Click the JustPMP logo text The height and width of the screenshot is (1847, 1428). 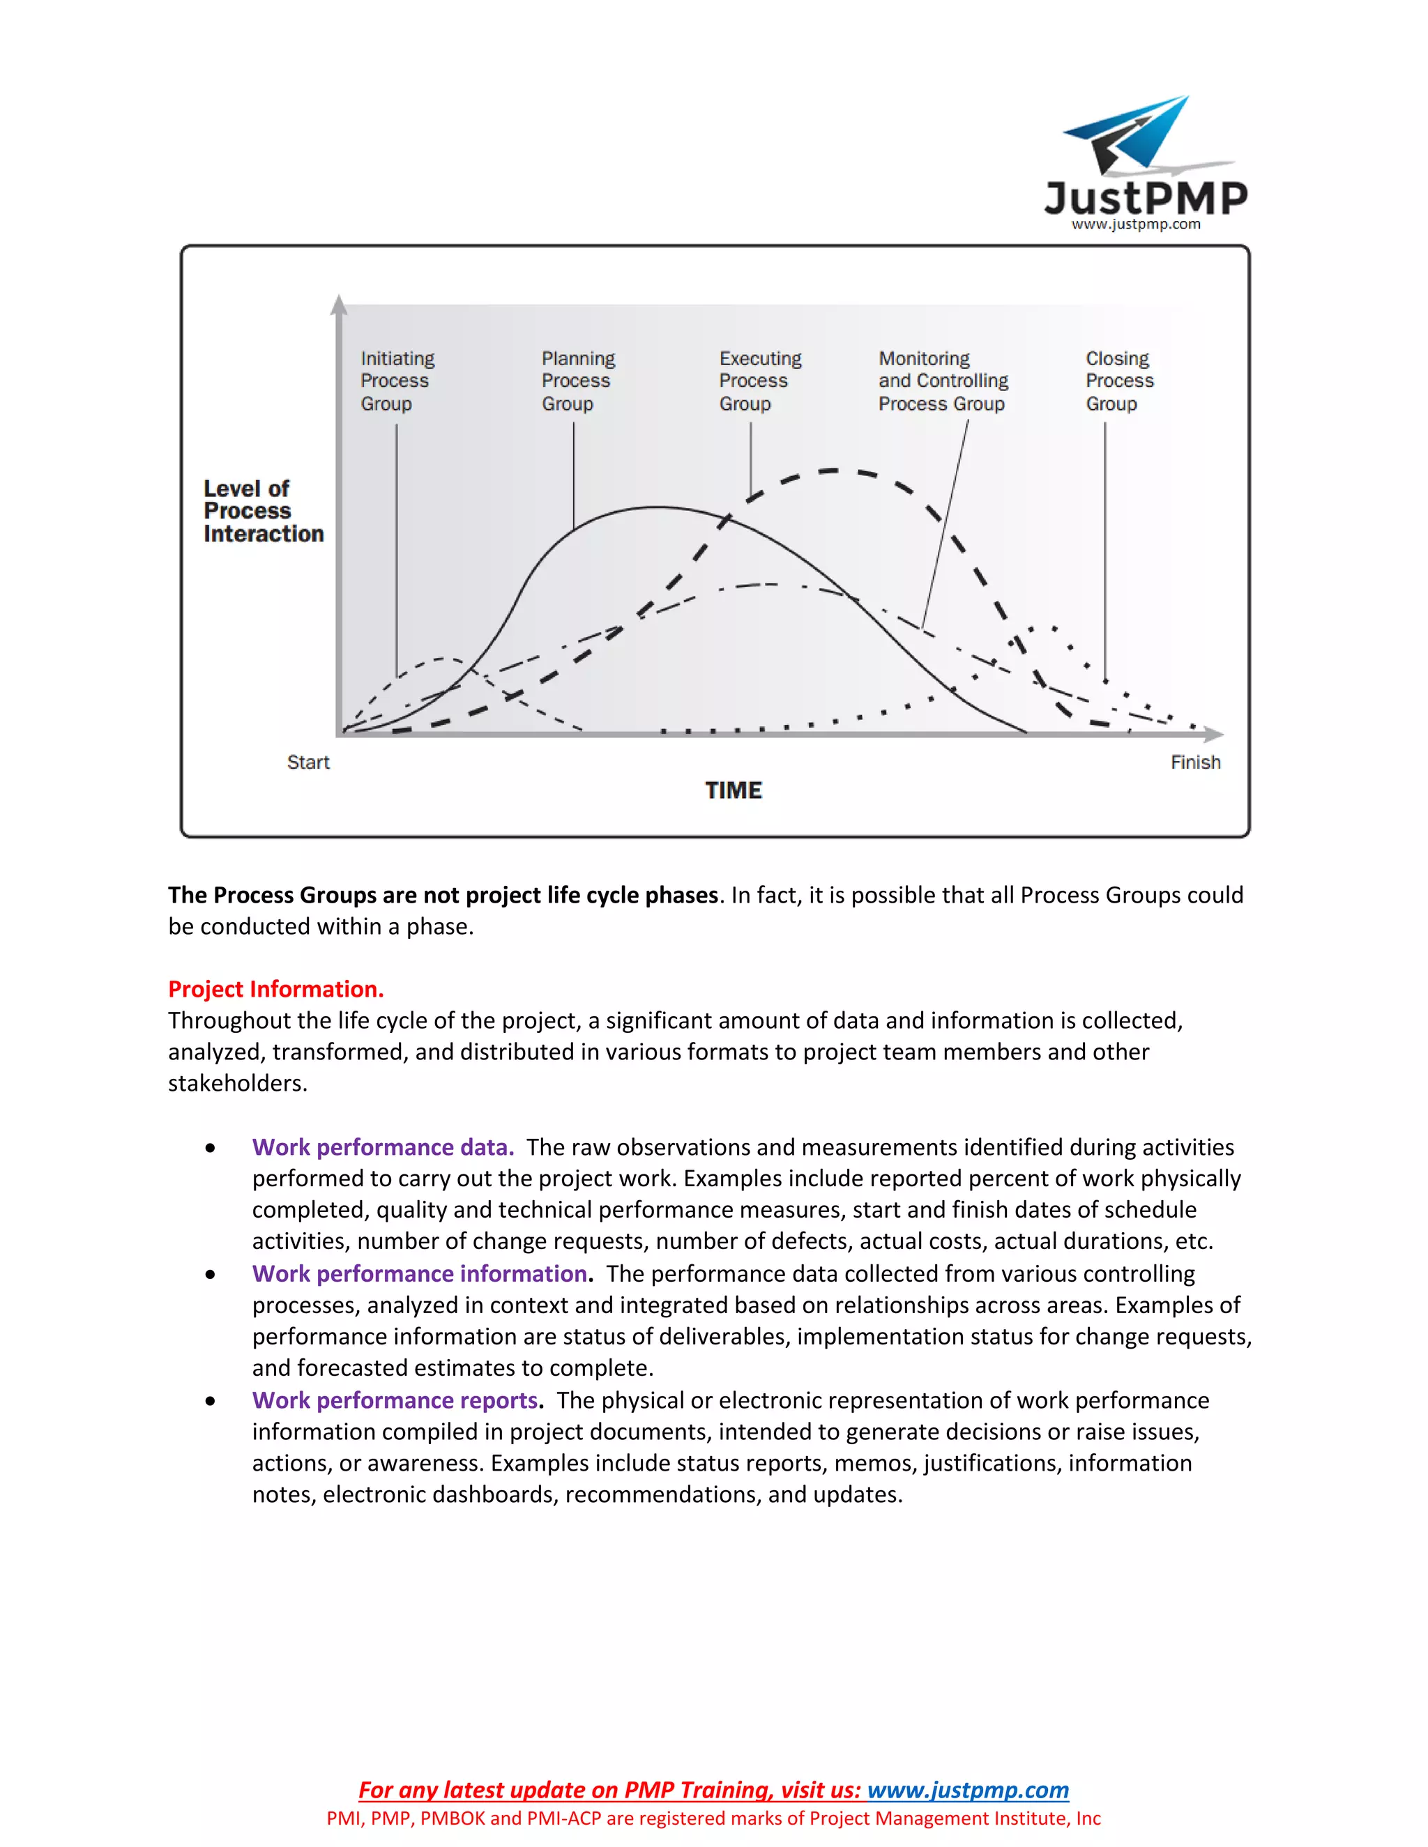(x=1146, y=198)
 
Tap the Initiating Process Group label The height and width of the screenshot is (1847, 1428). (x=397, y=381)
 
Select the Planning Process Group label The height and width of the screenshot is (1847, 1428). (x=578, y=381)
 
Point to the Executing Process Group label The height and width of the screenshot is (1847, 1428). (x=760, y=381)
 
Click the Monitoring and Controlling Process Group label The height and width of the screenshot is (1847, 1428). (x=943, y=381)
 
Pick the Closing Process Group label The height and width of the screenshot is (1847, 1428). (x=1118, y=381)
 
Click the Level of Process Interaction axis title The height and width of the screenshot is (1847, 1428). (x=263, y=512)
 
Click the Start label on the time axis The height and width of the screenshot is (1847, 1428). (x=308, y=762)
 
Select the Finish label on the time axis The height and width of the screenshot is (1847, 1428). (x=1194, y=762)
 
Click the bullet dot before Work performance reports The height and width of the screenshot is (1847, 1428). (x=210, y=1402)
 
